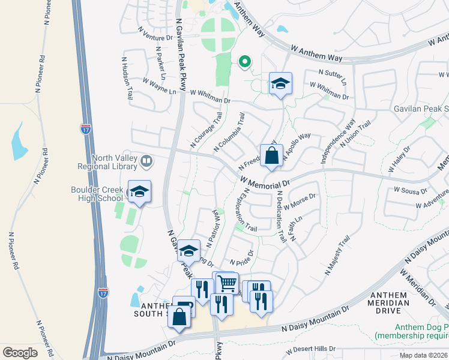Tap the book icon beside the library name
tap(146, 161)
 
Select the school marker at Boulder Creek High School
tap(139, 192)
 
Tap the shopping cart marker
tap(228, 283)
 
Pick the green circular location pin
tap(244, 61)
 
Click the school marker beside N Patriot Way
tap(188, 251)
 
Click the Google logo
tap(20, 353)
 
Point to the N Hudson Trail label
tap(127, 78)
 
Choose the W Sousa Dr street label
tap(409, 190)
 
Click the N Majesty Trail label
tap(337, 256)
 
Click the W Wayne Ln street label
tap(160, 86)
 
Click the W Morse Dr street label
tap(301, 202)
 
